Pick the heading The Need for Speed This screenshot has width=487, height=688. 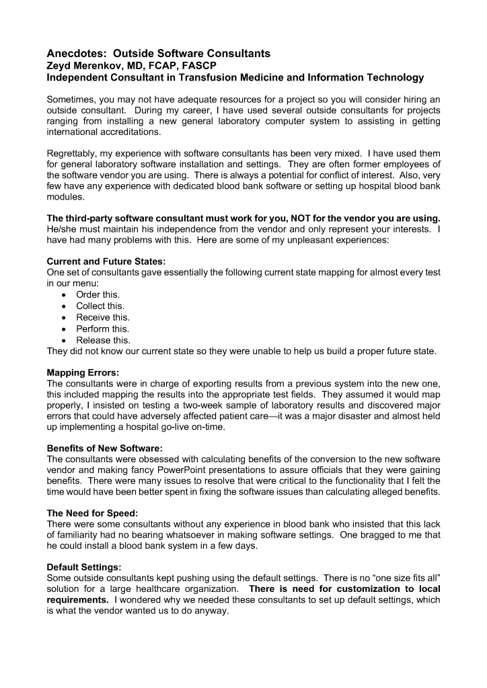click(x=93, y=510)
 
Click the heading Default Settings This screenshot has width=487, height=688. click(x=84, y=566)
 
